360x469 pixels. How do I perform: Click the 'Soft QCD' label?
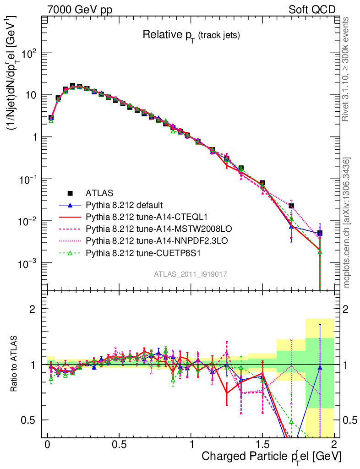(312, 10)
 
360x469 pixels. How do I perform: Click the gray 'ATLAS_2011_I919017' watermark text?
(191, 274)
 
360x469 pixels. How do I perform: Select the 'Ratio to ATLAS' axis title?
(15, 364)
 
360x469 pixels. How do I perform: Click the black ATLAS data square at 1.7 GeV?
(291, 206)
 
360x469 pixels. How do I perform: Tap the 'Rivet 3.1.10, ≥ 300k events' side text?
(346, 69)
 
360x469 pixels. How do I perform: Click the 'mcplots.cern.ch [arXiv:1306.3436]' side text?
(346, 222)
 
